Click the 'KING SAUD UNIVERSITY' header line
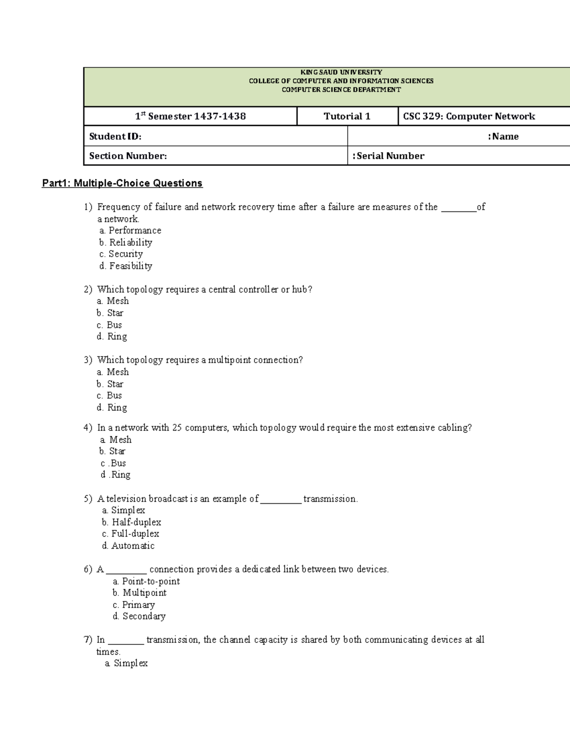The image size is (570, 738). pos(341,72)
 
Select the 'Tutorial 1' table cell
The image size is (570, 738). pos(347,116)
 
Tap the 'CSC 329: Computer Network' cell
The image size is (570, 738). pos(469,116)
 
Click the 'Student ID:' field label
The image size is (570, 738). pos(115,136)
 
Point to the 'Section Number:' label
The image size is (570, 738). pos(128,156)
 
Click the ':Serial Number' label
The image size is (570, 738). pos(389,156)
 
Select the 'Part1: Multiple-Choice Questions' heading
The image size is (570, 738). pos(122,183)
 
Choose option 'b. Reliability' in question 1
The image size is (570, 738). pos(126,242)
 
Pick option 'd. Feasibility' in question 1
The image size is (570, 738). pos(126,266)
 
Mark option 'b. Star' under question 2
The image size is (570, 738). pos(110,313)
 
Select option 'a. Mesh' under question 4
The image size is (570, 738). pos(116,440)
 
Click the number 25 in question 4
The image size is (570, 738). pos(177,428)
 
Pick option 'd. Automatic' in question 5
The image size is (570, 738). pos(128,546)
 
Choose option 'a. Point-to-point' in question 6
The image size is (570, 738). pos(146,581)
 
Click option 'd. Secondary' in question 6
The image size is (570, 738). pos(139,616)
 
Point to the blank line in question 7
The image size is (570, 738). pos(126,641)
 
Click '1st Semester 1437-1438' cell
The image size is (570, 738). pos(190,116)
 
